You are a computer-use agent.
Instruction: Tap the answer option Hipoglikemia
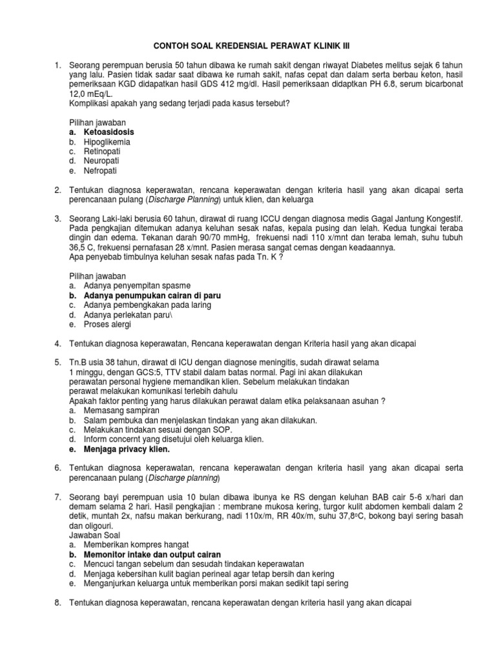coord(107,141)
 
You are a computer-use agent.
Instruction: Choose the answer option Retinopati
coord(102,151)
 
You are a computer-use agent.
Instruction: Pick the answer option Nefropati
coord(101,170)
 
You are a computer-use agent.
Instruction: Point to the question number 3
coord(57,219)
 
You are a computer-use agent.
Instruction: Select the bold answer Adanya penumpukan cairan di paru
coord(147,295)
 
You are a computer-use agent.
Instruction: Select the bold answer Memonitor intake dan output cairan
coord(152,554)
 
